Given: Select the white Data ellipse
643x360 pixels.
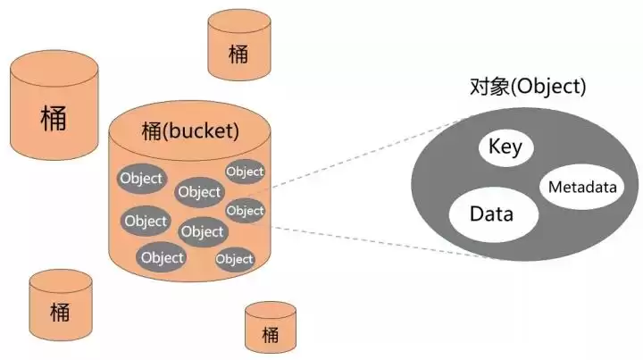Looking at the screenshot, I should [x=490, y=214].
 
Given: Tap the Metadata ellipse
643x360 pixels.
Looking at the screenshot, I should [x=581, y=188].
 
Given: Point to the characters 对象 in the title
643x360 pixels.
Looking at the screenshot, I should [x=487, y=87].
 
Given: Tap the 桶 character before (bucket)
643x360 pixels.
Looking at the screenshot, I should [x=154, y=131].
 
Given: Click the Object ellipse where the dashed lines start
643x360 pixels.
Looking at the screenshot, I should [x=245, y=211].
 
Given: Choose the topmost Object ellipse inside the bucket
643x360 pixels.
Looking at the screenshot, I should [x=244, y=171].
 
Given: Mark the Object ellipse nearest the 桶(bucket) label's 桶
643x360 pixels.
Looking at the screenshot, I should [x=141, y=178].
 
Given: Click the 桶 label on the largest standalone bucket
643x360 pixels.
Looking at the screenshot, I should [x=53, y=119].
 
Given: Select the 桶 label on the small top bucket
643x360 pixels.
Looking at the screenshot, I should [x=238, y=53].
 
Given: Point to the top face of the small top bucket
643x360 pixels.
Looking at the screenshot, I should [x=238, y=21].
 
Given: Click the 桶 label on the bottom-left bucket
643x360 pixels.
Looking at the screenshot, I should [x=60, y=312].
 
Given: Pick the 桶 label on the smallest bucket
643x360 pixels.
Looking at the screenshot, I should [x=271, y=335].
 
